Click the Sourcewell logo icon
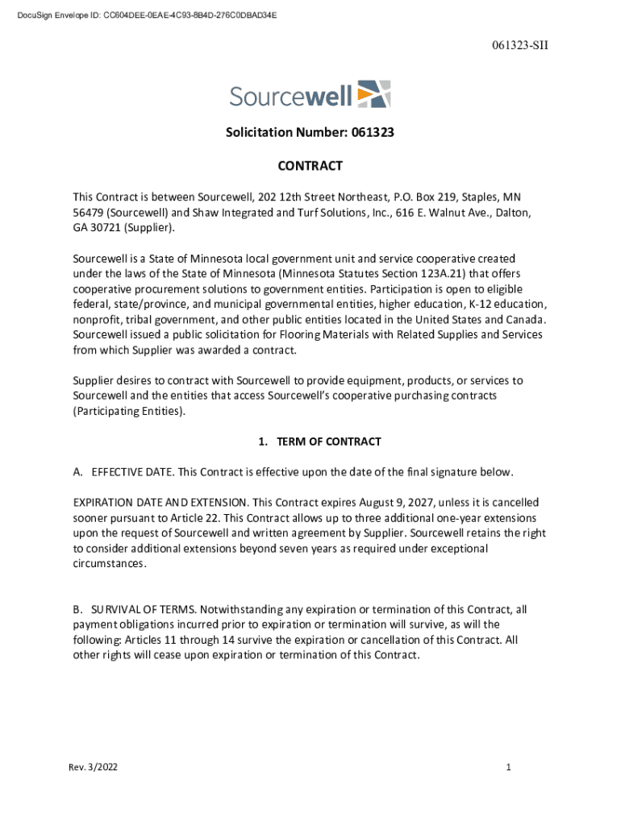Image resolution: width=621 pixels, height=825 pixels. click(373, 94)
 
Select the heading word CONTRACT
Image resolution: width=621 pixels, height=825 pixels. click(310, 166)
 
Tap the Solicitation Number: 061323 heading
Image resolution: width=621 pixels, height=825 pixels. click(310, 131)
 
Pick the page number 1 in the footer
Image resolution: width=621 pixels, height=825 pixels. click(509, 768)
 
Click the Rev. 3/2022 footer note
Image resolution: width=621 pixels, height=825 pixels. click(93, 768)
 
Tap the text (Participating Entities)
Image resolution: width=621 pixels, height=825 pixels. click(129, 411)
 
